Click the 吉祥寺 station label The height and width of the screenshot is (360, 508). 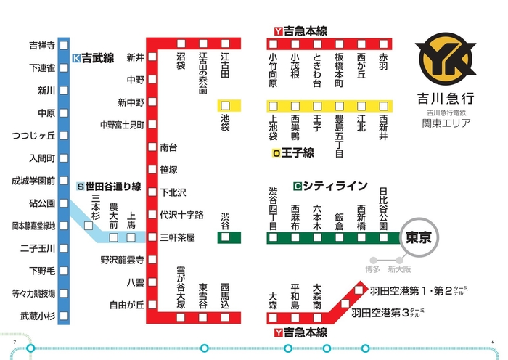tap(41, 46)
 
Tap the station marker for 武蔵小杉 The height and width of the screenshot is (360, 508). tap(63, 316)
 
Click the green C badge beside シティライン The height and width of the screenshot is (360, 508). tap(298, 186)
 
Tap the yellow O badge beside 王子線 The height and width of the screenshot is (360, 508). tap(276, 153)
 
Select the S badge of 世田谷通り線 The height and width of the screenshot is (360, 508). tap(81, 187)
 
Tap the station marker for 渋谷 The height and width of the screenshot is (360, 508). tap(225, 237)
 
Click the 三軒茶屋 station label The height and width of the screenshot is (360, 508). tap(178, 237)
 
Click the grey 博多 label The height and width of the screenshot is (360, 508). tap(373, 269)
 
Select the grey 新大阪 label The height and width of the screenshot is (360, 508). tap(399, 269)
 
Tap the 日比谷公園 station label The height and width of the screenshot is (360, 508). tap(383, 209)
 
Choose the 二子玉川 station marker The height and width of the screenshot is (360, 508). tap(63, 248)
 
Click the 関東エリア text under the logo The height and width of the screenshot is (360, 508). tap(446, 123)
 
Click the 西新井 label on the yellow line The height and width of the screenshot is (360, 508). tap(383, 126)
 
